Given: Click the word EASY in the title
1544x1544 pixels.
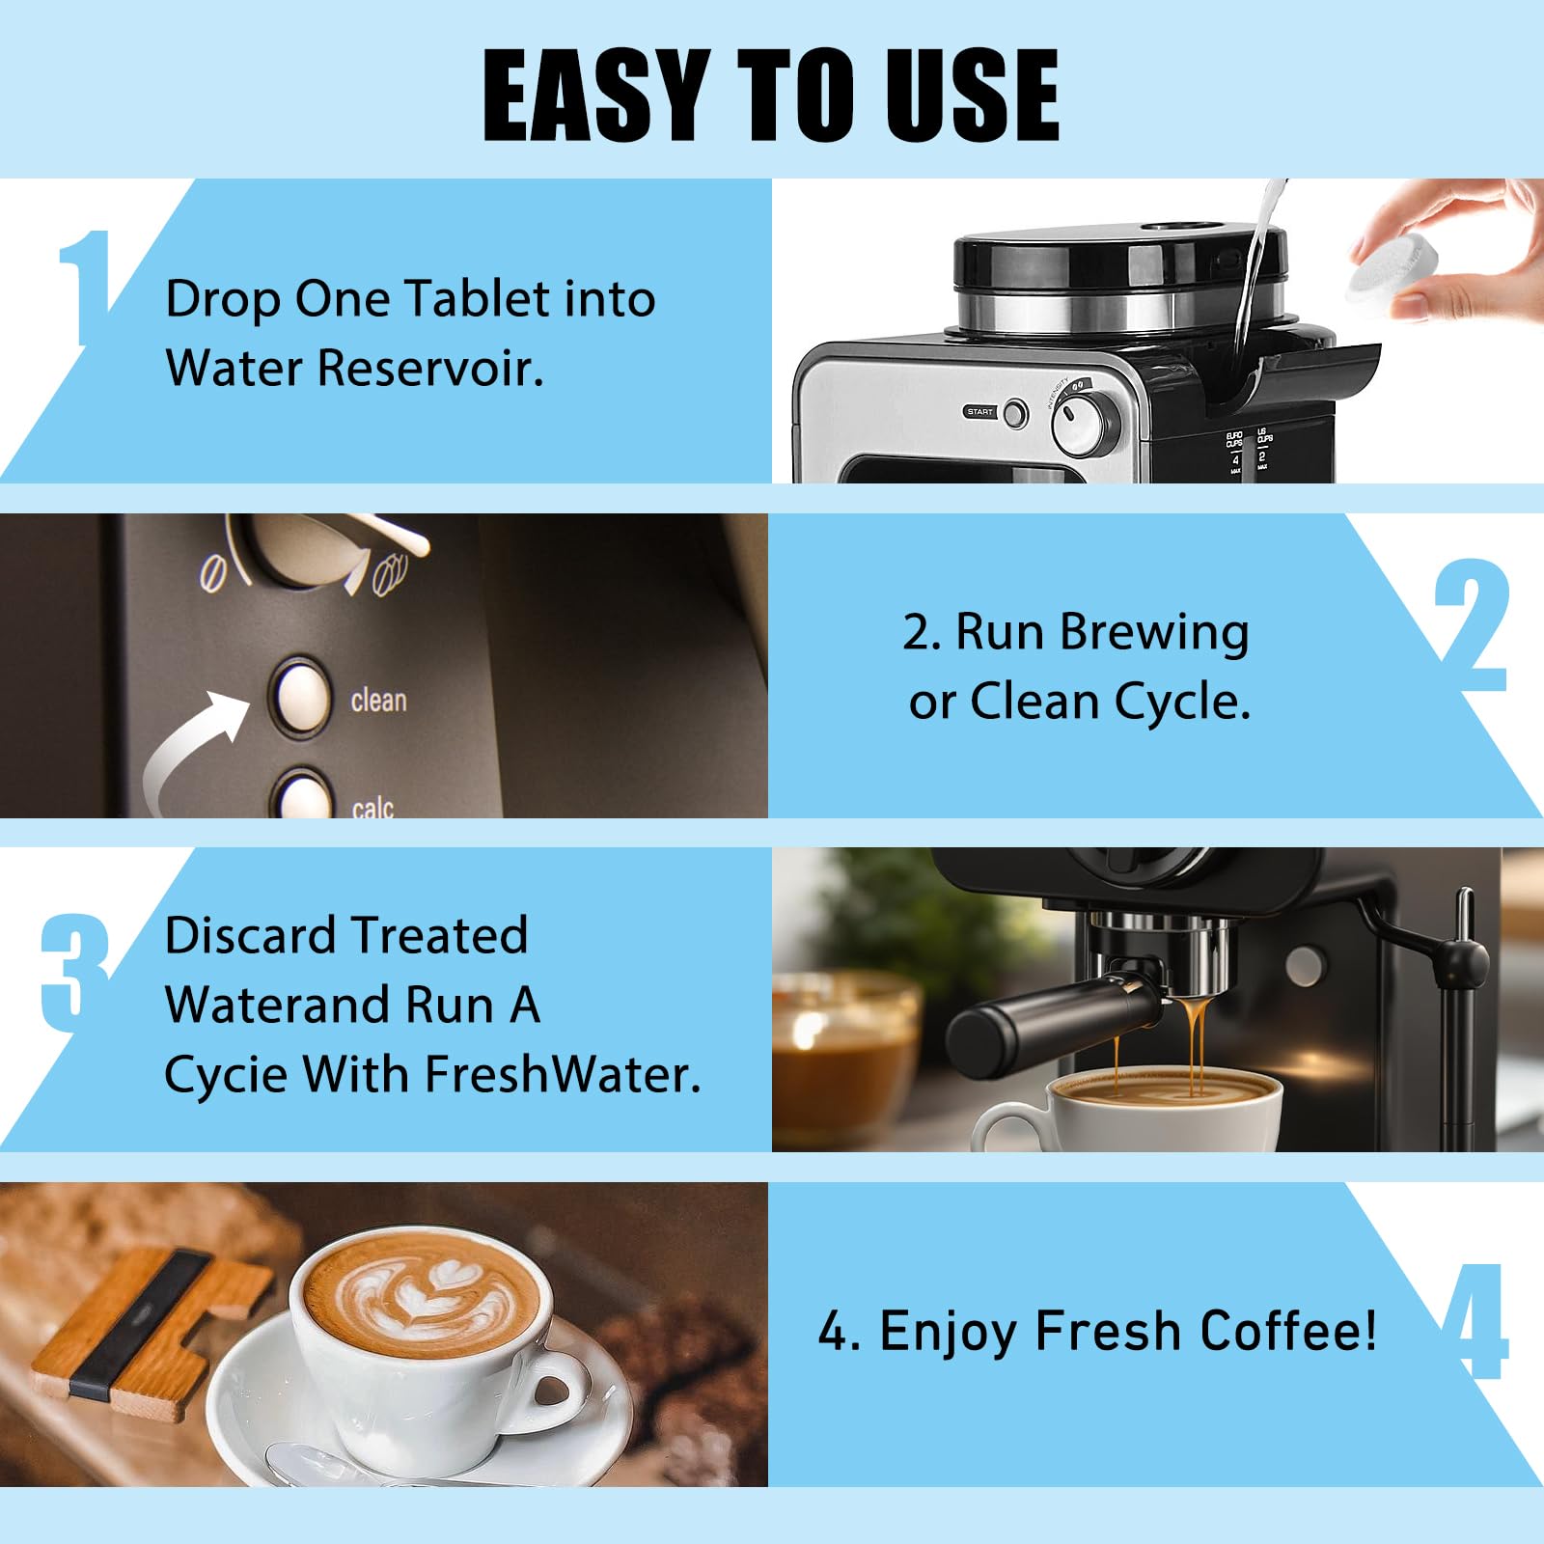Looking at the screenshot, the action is [595, 95].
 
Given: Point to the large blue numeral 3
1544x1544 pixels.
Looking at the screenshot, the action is [75, 973].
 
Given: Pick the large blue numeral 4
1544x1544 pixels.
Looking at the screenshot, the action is [1474, 1321].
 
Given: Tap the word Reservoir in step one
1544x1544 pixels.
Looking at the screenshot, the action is [430, 368].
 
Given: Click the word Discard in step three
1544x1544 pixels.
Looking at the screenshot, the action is [249, 934].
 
